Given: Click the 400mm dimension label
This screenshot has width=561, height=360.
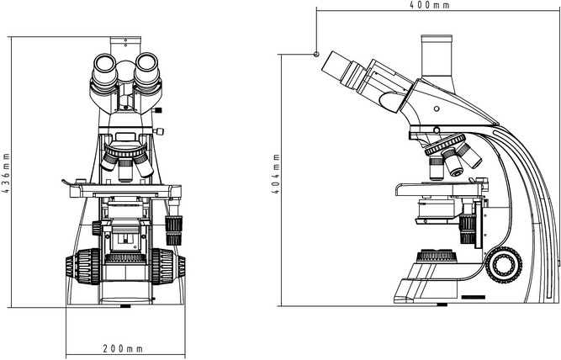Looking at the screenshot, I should point(428,5).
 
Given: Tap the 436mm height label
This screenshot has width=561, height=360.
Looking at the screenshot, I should point(6,173).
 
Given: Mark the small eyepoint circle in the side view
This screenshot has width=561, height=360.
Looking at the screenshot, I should point(316,54).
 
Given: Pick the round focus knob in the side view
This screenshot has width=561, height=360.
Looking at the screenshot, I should point(505,263).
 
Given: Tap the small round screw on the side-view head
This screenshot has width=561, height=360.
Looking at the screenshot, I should point(437,109).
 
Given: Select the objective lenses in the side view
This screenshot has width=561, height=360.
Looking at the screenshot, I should point(451,160).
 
